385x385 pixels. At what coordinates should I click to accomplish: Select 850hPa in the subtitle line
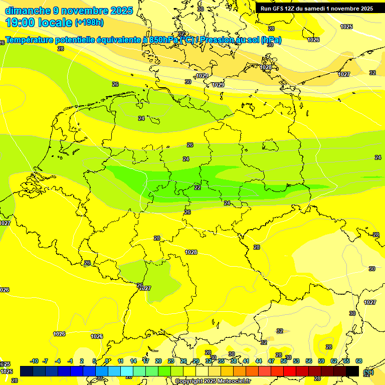163,40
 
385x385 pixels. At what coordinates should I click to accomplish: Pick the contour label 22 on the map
198,187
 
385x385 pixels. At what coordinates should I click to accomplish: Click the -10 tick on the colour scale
35,361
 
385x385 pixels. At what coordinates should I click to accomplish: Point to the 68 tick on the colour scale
359,361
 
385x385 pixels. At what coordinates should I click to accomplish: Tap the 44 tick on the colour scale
259,361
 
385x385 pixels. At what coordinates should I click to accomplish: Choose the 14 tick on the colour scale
133,361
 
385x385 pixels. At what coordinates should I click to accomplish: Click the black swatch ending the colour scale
352,371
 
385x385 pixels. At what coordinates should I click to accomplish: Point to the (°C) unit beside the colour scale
368,372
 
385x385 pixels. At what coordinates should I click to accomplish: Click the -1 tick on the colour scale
70,361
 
